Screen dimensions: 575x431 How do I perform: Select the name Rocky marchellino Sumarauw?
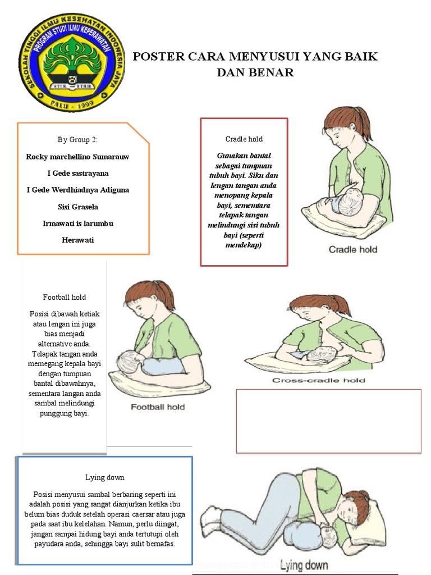point(77,157)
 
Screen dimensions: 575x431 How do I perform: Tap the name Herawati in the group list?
point(77,240)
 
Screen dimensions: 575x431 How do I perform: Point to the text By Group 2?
point(77,140)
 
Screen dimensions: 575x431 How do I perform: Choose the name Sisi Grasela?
point(77,207)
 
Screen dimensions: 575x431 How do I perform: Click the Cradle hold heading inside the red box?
point(244,139)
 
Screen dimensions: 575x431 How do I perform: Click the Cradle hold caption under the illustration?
point(352,249)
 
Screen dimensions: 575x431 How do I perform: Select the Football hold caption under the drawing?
point(158,407)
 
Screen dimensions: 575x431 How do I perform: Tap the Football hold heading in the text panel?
point(65,297)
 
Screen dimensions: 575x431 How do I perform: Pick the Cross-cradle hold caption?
point(319,380)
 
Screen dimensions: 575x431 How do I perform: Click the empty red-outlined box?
point(328,421)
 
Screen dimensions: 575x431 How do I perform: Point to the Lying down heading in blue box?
point(105,477)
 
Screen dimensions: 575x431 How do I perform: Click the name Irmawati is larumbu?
point(77,223)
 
